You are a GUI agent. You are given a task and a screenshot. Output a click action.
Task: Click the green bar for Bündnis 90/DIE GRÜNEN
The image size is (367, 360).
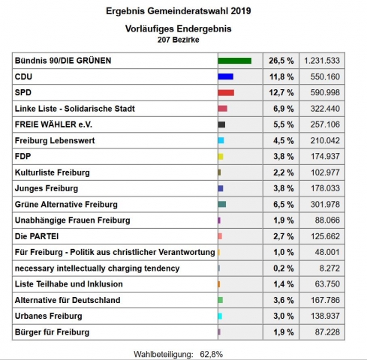(234, 60)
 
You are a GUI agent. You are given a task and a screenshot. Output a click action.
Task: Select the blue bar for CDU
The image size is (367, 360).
(225, 76)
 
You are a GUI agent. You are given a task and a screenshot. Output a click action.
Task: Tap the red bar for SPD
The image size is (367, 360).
(226, 92)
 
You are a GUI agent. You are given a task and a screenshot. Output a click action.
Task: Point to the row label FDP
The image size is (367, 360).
(23, 156)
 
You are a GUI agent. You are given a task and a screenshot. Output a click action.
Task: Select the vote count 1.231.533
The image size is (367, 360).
(322, 60)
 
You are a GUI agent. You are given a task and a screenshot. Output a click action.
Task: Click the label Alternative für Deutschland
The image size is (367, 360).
(68, 300)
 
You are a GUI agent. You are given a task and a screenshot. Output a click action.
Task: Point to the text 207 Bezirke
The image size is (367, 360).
(178, 39)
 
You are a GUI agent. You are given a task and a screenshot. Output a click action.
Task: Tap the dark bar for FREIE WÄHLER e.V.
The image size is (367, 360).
(221, 124)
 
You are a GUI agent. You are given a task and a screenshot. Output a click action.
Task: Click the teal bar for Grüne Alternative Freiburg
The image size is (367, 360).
(221, 204)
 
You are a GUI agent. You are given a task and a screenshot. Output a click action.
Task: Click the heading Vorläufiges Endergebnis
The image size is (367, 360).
(178, 28)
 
